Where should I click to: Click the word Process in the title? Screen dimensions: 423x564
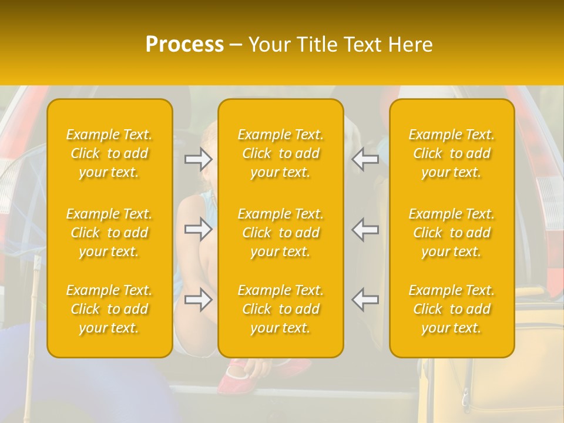[x=184, y=44]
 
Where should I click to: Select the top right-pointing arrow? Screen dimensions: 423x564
[x=198, y=159]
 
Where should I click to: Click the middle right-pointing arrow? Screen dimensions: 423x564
[x=198, y=229]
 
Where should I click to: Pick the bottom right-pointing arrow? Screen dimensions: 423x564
[x=198, y=300]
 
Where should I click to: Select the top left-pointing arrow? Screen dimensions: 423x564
[x=365, y=159]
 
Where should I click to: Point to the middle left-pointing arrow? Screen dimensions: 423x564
[x=365, y=229]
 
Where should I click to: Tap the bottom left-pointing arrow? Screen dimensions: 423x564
[x=365, y=300]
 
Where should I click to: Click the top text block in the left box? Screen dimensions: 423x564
[x=109, y=153]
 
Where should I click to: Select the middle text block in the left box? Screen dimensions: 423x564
[x=109, y=233]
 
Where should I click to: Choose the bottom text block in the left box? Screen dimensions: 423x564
[x=109, y=309]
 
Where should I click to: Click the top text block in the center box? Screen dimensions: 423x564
[x=281, y=153]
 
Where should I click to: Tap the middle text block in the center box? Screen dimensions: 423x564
[x=281, y=233]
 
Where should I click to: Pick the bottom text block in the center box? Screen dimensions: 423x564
[x=281, y=309]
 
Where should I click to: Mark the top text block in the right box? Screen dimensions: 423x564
[x=452, y=153]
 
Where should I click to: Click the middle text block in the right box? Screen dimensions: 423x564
[x=452, y=233]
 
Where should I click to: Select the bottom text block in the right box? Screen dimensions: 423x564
[x=452, y=309]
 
